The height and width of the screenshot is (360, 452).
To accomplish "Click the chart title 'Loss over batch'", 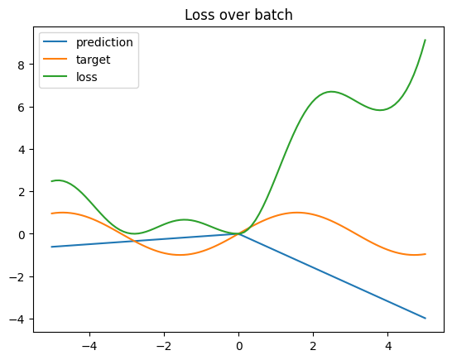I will pyautogui.click(x=238, y=14).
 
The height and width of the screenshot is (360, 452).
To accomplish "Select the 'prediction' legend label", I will pyautogui.click(x=104, y=42).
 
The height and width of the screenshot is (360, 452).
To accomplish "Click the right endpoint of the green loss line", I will pyautogui.click(x=425, y=40).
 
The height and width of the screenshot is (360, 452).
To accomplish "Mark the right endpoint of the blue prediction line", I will pyautogui.click(x=425, y=318).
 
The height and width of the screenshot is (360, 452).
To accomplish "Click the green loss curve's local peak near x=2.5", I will pyautogui.click(x=331, y=91).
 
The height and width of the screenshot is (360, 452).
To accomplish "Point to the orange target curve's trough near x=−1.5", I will pyautogui.click(x=180, y=255).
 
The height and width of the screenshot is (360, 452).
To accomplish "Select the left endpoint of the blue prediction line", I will pyautogui.click(x=52, y=247).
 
